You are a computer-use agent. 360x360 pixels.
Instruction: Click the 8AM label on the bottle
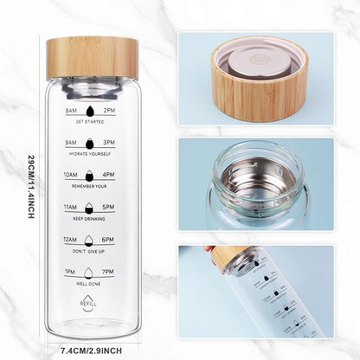[x=71, y=112]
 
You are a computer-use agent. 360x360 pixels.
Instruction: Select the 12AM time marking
[x=71, y=240]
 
